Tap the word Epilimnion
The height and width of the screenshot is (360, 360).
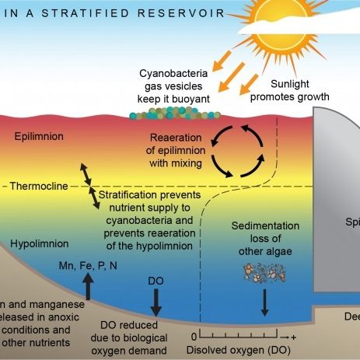pos(38,137)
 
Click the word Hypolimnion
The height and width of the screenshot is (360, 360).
pos(40,243)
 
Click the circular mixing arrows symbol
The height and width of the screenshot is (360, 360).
pos(243,152)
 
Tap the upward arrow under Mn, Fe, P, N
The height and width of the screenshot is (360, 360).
pos(88,285)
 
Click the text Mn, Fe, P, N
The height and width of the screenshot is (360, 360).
pos(88,266)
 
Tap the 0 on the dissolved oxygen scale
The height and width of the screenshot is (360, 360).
pos(194,337)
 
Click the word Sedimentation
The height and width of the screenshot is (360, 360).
pos(266,225)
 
